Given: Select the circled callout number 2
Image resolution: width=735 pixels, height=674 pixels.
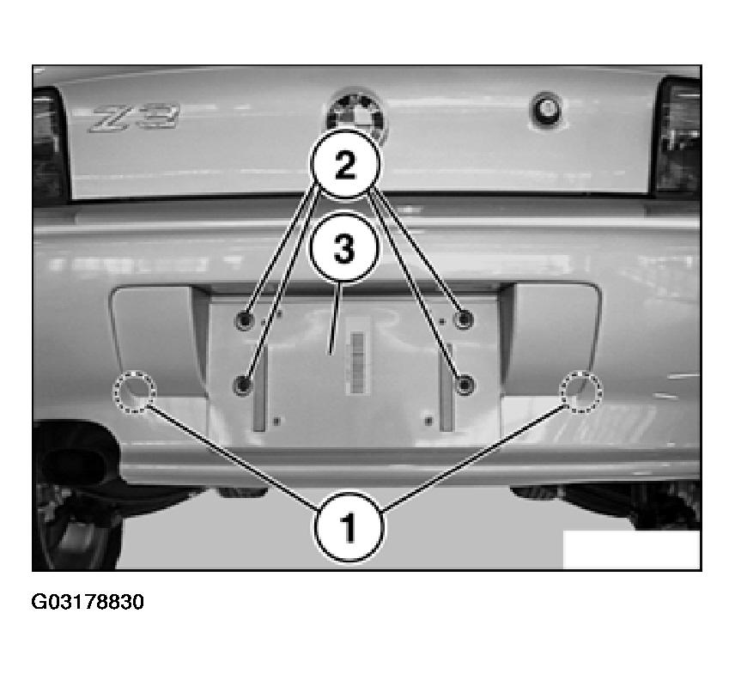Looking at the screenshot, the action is click(x=345, y=165).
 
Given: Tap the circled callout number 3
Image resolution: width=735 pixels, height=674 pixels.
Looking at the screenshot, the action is click(x=343, y=248).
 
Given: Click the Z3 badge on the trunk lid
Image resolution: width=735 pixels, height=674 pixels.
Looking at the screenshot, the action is click(x=134, y=118).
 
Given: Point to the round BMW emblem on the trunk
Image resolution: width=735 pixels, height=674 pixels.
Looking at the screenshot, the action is click(x=358, y=112).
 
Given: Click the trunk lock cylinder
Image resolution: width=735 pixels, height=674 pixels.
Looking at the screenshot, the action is click(x=547, y=110).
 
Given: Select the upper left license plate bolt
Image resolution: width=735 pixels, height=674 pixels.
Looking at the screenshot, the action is click(x=244, y=320).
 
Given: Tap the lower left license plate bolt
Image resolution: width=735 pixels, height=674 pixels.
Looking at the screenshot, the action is click(x=243, y=385).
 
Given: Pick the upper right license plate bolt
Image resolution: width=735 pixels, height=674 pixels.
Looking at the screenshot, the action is click(x=464, y=319).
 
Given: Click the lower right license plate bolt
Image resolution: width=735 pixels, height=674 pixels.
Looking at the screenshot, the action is click(x=465, y=385).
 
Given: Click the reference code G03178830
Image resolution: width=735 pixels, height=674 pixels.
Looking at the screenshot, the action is click(x=88, y=602).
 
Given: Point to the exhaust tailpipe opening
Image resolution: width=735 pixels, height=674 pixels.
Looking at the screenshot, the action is click(x=70, y=464).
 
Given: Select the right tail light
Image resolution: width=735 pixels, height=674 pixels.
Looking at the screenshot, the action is click(x=677, y=136).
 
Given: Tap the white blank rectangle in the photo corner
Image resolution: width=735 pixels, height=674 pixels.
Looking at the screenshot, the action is click(x=631, y=550).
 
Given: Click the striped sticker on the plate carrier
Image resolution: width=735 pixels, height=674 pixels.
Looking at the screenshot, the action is click(x=357, y=363).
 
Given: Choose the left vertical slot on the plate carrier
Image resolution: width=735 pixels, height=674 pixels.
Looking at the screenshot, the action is click(x=259, y=388).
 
